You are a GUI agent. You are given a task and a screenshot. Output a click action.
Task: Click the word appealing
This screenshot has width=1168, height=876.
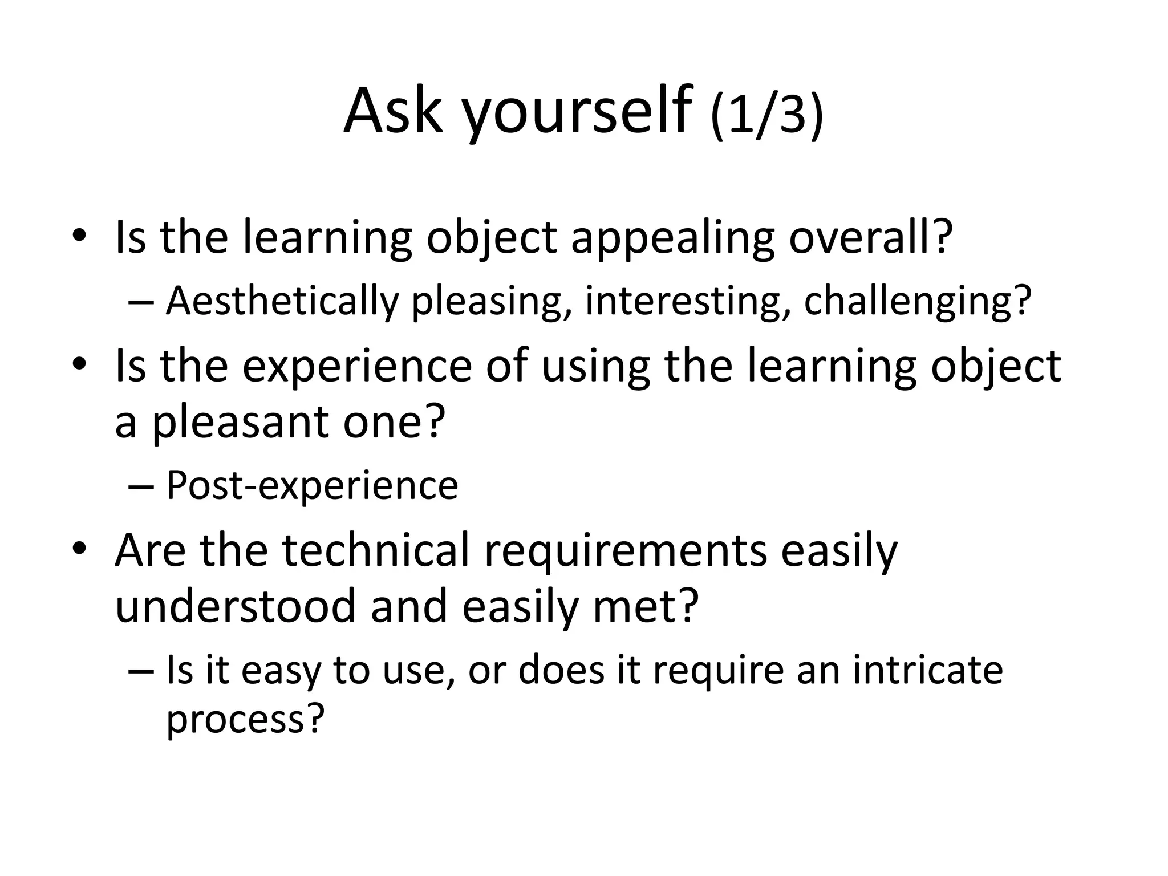pyautogui.click(x=672, y=238)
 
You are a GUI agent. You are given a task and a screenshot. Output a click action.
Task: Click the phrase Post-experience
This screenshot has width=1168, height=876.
pyautogui.click(x=311, y=485)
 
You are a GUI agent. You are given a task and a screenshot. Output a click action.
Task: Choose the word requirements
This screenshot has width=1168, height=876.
pyautogui.click(x=626, y=551)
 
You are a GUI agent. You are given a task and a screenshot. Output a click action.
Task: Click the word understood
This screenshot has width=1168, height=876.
pyautogui.click(x=236, y=606)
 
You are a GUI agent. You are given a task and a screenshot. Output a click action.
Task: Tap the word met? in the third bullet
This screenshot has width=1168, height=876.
pyautogui.click(x=646, y=606)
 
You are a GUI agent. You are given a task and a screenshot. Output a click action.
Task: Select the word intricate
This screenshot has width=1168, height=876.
pyautogui.click(x=928, y=670)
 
